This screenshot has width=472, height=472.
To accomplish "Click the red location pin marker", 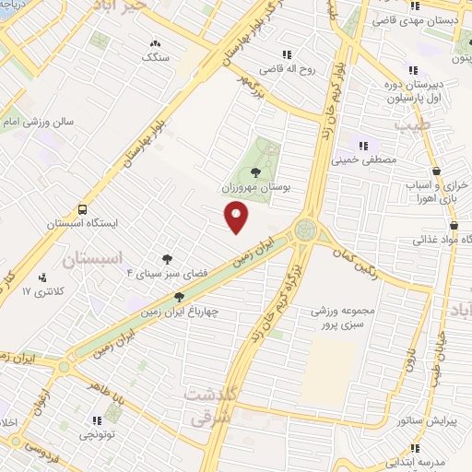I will pyautogui.click(x=238, y=218).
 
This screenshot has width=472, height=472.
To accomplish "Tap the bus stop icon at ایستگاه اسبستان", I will pyautogui.click(x=83, y=209).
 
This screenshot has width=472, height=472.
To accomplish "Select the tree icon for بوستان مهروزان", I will pyautogui.click(x=255, y=171).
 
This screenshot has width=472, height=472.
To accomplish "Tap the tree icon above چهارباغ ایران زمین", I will pyautogui.click(x=179, y=297).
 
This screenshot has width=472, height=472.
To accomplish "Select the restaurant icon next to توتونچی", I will pyautogui.click(x=97, y=420).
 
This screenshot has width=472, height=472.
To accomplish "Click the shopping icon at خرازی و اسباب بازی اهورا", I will pyautogui.click(x=436, y=171).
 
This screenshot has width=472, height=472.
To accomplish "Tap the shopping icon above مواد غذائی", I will pyautogui.click(x=453, y=224).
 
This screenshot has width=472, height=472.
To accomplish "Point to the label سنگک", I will pyautogui.click(x=155, y=57).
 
